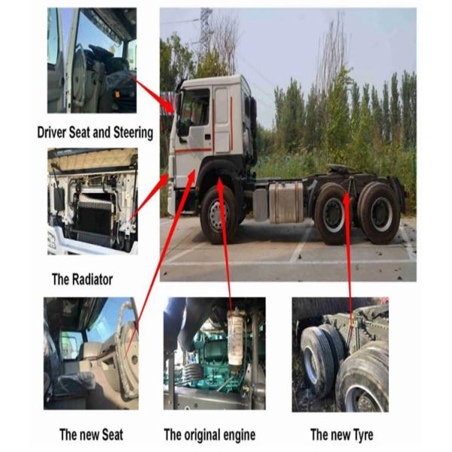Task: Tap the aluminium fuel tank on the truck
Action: pyautogui.click(x=286, y=202)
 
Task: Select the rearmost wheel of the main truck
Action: pyautogui.click(x=380, y=212)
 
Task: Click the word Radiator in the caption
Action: pyautogui.click(x=92, y=279)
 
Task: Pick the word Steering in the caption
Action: pyautogui.click(x=133, y=133)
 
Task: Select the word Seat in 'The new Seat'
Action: pyautogui.click(x=111, y=435)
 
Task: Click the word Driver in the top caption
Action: pyautogui.click(x=52, y=133)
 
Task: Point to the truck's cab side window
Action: pyautogui.click(x=195, y=108)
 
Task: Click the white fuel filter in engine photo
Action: pyautogui.click(x=236, y=335)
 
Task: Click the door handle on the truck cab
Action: pyautogui.click(x=208, y=136)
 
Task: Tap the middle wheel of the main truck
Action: pyautogui.click(x=333, y=214)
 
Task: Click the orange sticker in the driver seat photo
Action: pyautogui.click(x=118, y=93)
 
